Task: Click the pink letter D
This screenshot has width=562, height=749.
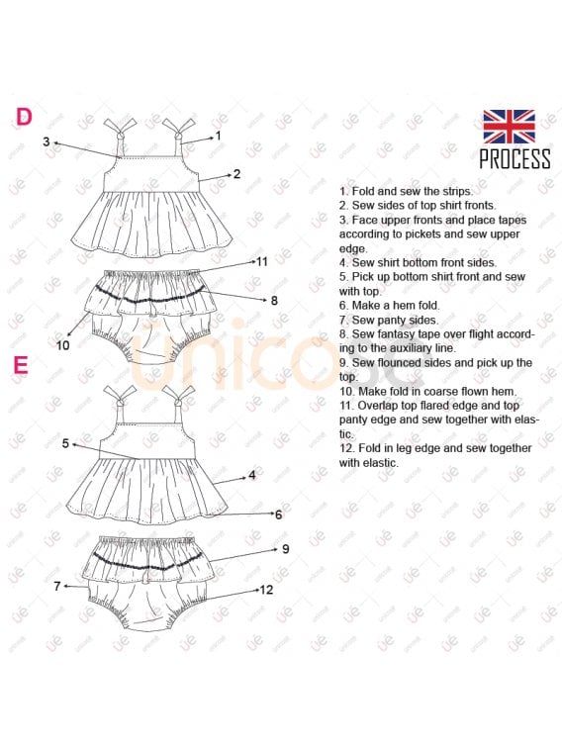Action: pyautogui.click(x=24, y=117)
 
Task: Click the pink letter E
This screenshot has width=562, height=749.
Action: pyautogui.click(x=21, y=365)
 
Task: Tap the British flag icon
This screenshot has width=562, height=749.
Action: pyautogui.click(x=509, y=127)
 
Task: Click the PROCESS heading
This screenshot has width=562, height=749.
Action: pyautogui.click(x=515, y=159)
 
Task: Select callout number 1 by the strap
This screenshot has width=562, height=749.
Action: pyautogui.click(x=219, y=136)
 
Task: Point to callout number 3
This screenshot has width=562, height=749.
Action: pyautogui.click(x=46, y=141)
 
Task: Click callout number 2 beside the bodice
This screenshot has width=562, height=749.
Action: pyautogui.click(x=236, y=174)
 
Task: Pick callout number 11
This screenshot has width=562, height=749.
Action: pyautogui.click(x=262, y=262)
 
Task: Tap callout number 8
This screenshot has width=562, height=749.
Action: pyautogui.click(x=274, y=301)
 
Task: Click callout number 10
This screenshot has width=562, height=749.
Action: pyautogui.click(x=62, y=345)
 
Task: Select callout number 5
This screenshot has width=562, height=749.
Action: pyautogui.click(x=65, y=444)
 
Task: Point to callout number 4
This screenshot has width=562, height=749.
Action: pyautogui.click(x=251, y=476)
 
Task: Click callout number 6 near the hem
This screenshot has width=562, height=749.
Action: pyautogui.click(x=278, y=515)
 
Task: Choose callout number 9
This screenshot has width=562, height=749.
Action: pyautogui.click(x=286, y=549)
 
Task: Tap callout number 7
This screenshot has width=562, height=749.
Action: pyautogui.click(x=57, y=586)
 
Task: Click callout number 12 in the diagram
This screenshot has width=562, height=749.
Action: pyautogui.click(x=266, y=590)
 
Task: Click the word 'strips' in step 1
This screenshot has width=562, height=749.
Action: pyautogui.click(x=456, y=192)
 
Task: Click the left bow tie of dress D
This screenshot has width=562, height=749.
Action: pyautogui.click(x=120, y=129)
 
